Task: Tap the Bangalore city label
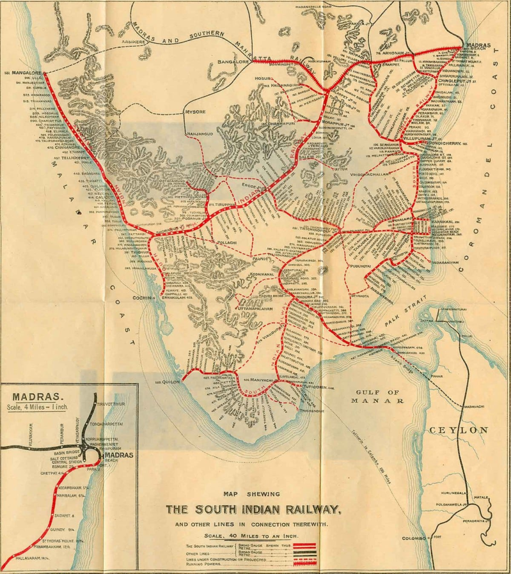[x=233, y=62]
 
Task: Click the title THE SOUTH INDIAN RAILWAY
[x=253, y=509]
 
